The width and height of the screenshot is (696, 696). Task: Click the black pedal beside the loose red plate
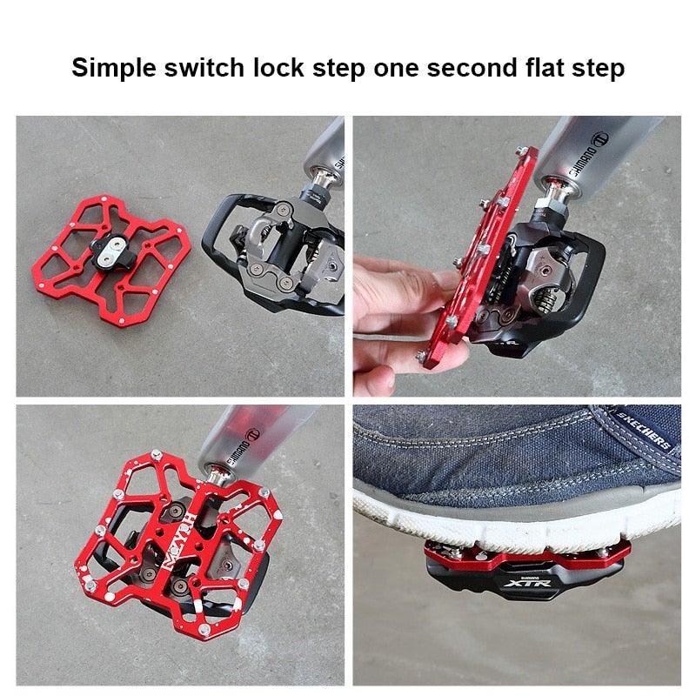(278, 252)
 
